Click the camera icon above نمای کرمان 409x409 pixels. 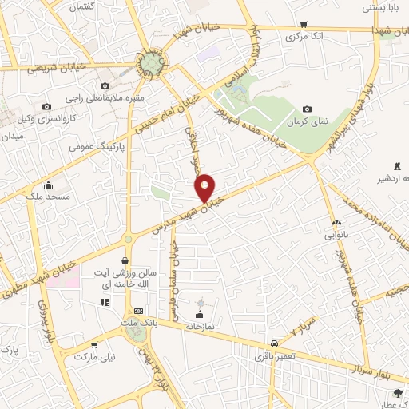tap(308, 109)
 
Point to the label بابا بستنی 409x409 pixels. tap(381, 8)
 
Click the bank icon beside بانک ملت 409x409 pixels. tap(138, 311)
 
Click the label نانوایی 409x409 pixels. tap(336, 236)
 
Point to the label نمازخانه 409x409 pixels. tap(201, 326)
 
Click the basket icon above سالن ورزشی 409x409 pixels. tap(125, 261)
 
